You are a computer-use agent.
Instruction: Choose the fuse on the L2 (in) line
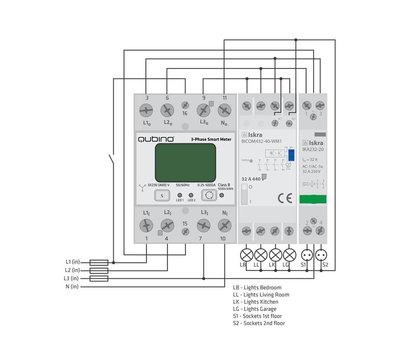(100, 270)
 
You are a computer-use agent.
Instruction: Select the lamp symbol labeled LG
(290, 255)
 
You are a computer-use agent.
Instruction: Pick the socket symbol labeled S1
(307, 255)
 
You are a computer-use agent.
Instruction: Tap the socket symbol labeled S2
(322, 255)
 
